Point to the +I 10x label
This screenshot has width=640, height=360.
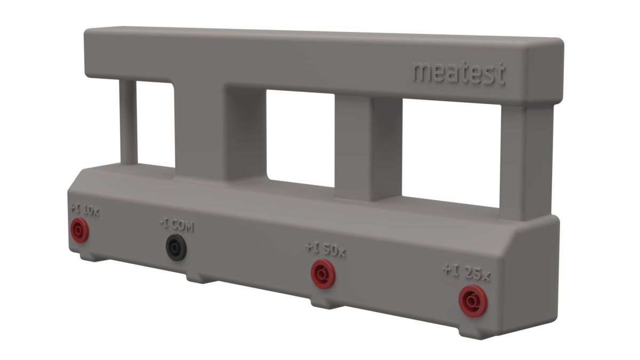click(x=84, y=211)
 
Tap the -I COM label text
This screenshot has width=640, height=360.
click(x=177, y=226)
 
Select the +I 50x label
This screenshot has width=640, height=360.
click(x=325, y=250)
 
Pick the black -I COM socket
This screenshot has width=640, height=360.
click(x=176, y=247)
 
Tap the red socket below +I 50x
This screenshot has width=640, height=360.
click(x=323, y=274)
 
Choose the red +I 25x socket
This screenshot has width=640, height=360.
click(x=473, y=301)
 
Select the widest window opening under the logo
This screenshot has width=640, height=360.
click(x=451, y=152)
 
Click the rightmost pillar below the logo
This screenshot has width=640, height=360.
click(x=525, y=160)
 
